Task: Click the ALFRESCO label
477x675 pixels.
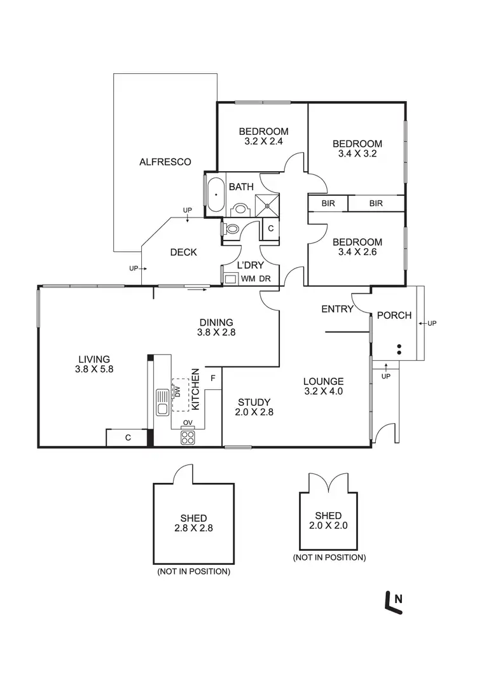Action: (x=165, y=162)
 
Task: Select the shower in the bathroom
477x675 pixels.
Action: (x=266, y=204)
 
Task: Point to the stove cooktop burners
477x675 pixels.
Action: (x=188, y=436)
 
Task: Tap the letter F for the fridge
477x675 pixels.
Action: (x=213, y=378)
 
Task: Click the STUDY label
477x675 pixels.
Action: (x=254, y=402)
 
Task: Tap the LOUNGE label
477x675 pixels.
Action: (x=323, y=382)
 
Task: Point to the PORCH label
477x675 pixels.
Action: (x=394, y=315)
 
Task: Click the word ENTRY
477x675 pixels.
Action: (x=337, y=309)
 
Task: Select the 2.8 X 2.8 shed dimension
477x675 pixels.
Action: (x=193, y=528)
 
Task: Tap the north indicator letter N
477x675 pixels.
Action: (x=398, y=597)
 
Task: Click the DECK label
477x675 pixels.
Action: (x=183, y=253)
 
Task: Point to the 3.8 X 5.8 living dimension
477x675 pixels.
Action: (x=93, y=368)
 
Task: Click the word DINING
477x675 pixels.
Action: (x=216, y=323)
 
